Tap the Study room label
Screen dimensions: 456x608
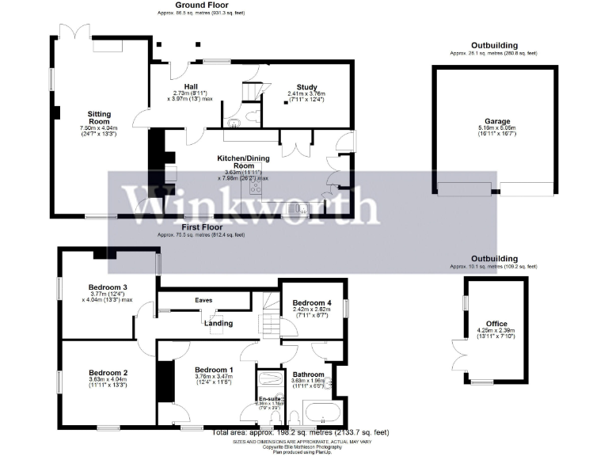point(306,87)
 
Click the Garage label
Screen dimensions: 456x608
point(492,121)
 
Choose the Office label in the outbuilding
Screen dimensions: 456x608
point(496,323)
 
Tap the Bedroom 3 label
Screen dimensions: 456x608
point(108,287)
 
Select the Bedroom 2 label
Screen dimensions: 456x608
point(108,372)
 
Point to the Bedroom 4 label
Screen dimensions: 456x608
point(312,302)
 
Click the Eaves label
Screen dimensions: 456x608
point(204,301)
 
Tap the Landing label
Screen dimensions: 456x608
point(218,323)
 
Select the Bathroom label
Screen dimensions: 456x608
point(308,374)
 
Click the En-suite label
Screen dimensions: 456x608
point(271,398)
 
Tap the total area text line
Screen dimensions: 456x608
point(301,432)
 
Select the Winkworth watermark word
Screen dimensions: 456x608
point(249,206)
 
